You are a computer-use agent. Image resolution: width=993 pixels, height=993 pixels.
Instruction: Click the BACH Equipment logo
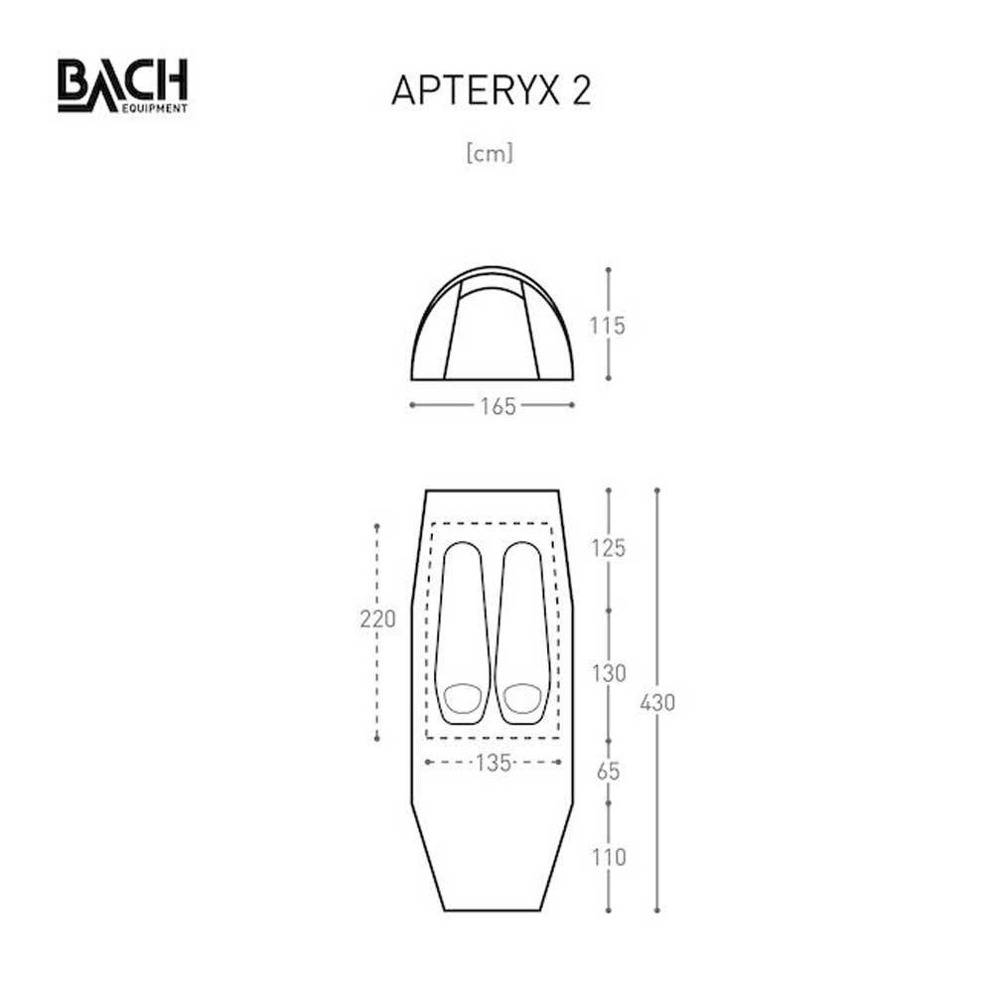[x=122, y=85]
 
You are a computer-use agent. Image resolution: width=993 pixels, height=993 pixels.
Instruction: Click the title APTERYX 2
[x=492, y=89]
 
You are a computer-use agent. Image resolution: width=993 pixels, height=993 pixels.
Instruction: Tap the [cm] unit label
[x=490, y=154]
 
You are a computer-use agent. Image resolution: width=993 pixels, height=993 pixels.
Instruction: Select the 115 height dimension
[x=607, y=325]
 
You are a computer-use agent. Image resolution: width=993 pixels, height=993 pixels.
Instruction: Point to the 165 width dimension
[x=496, y=406]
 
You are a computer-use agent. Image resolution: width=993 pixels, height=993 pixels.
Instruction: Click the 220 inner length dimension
[x=377, y=620]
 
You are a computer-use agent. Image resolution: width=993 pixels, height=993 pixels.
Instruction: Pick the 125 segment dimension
[x=608, y=547]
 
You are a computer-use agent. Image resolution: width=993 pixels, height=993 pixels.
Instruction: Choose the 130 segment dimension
[x=608, y=673]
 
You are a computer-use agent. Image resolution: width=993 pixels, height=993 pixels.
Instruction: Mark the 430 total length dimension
[x=657, y=702]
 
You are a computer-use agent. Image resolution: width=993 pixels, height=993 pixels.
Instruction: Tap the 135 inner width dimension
[x=493, y=763]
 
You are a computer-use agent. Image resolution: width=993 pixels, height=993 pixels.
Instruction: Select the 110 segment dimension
[x=608, y=857]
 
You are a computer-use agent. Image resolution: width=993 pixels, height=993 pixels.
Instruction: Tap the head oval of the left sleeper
[x=461, y=698]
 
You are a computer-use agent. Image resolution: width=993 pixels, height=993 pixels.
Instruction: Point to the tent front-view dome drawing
[x=493, y=325]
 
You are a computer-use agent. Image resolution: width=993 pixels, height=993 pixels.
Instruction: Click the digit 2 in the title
[x=580, y=89]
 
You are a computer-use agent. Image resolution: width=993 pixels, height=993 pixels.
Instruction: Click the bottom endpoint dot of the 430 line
[x=657, y=911]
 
